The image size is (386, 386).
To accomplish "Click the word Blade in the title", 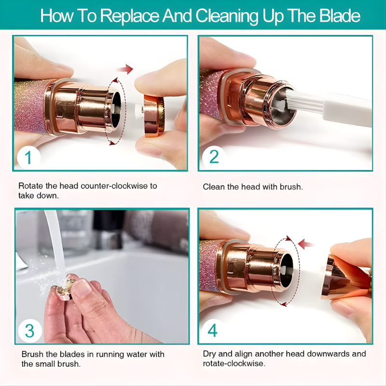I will [339, 16].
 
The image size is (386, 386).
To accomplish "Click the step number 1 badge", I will [28, 157].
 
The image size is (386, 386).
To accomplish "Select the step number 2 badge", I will [213, 157].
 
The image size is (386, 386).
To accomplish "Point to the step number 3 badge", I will [29, 331].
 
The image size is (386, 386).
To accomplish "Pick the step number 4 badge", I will [213, 331].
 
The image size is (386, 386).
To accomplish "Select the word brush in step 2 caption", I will [291, 187].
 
